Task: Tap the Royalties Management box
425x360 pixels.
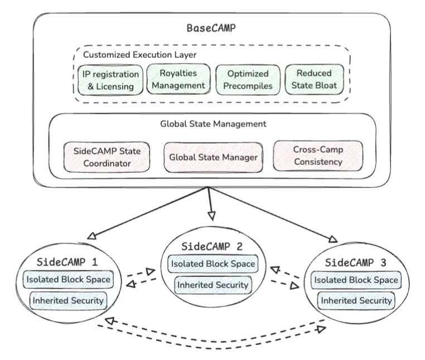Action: [178, 79]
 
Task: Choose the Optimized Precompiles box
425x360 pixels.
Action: [248, 80]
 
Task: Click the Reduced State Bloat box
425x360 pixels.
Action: [314, 79]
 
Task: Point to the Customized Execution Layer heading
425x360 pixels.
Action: [139, 55]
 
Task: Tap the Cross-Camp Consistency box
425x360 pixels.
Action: [318, 155]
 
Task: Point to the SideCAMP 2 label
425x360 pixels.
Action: [212, 246]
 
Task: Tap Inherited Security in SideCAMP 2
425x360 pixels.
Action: [212, 285]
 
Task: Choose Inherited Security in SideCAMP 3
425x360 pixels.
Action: [355, 300]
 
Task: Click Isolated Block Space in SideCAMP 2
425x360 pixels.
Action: [213, 264]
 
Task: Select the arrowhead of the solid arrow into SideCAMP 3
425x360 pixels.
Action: [333, 240]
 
